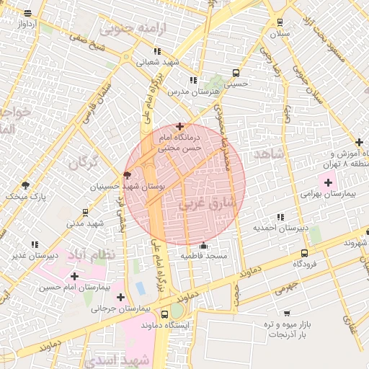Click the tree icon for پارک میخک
tap(26, 185)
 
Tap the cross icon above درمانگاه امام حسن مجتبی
tap(179, 126)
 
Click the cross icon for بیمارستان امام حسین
tap(74, 276)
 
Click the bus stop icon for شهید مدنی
tap(86, 213)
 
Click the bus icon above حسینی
tap(236, 73)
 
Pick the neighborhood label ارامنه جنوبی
tap(134, 29)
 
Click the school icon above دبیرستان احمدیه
tap(280, 217)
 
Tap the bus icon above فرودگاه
tap(304, 253)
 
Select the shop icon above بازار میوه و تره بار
tap(287, 314)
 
